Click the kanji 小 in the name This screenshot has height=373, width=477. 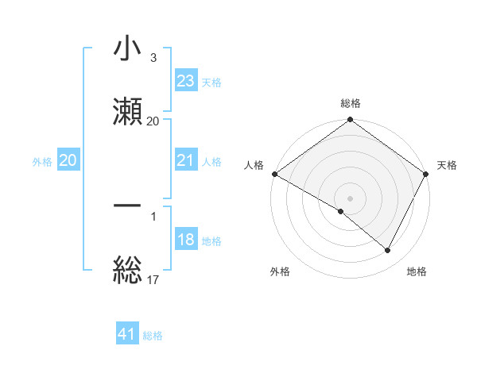127,49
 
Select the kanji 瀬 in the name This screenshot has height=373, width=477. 127,110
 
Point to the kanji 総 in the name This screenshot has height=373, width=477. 127,269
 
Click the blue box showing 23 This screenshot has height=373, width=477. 186,81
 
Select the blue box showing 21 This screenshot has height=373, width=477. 186,161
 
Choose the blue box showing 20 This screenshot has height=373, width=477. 68,161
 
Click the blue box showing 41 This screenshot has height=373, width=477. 127,334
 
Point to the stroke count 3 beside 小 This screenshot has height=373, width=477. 153,58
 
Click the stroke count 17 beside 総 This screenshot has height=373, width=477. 153,279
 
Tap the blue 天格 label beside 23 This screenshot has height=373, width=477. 211,82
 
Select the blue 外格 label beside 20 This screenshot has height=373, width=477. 42,162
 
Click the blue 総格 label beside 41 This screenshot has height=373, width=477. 153,335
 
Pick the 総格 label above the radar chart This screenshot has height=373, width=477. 351,103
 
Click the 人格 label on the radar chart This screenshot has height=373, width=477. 254,165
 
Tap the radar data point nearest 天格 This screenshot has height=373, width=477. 427,174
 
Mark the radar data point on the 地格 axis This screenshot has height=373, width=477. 388,250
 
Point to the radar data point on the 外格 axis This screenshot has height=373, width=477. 341,211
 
